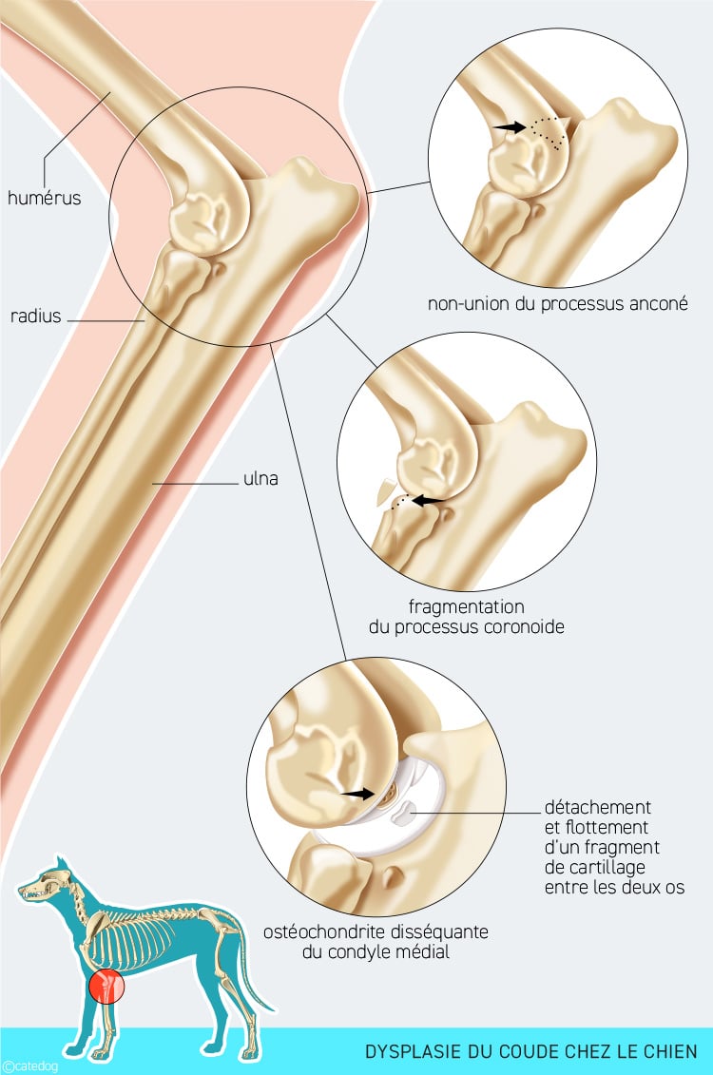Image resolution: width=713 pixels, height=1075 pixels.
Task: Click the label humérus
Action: point(44,198)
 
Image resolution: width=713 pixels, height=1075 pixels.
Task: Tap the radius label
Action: point(36,317)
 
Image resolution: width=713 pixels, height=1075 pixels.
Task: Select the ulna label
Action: point(260,478)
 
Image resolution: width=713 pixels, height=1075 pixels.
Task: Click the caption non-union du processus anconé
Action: point(557,304)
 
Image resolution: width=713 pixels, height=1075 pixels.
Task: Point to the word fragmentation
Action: point(466,606)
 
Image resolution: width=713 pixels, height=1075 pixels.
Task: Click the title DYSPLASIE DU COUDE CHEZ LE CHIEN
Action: point(530,1051)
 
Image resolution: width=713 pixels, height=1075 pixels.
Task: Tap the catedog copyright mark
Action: point(29,1066)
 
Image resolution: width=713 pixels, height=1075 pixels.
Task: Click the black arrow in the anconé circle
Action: point(510,126)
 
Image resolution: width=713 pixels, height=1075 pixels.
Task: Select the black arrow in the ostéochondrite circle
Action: point(358,794)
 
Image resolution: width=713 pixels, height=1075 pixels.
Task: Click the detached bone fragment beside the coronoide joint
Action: point(385,490)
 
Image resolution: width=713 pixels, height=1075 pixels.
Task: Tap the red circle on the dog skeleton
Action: point(106,986)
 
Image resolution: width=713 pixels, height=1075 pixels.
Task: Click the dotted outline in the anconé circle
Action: point(549,129)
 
